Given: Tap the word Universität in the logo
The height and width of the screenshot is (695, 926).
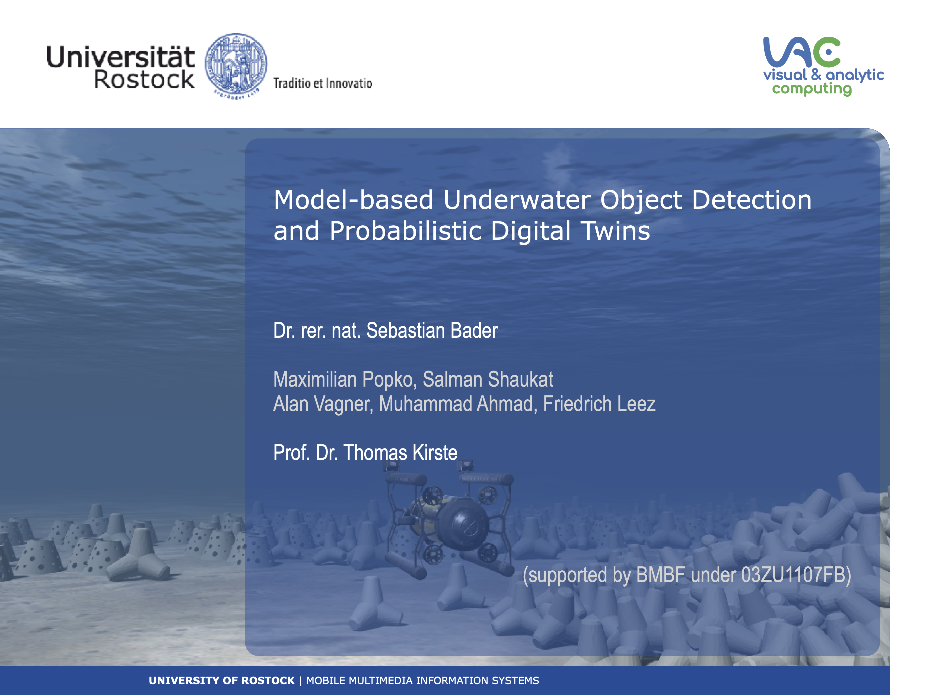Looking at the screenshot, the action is coord(120,57).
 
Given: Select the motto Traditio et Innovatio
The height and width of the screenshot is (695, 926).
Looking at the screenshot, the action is coord(323,83).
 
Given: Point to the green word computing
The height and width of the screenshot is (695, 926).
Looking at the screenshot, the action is coord(812,89).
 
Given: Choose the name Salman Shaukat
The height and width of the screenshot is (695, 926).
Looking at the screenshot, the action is coord(488,379).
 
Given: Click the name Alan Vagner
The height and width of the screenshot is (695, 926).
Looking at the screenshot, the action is coord(323,404).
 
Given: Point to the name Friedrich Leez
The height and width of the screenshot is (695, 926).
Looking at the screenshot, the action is coord(599,404).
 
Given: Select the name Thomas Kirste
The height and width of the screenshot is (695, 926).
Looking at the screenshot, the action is coord(401,453).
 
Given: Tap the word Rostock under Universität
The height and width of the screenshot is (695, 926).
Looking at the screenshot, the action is coord(144,80).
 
